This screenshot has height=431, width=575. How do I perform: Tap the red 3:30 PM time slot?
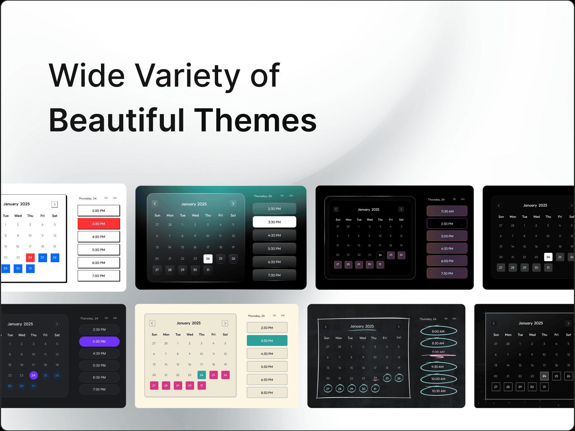coord(98,224)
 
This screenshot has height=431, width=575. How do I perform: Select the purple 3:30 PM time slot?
coord(99,342)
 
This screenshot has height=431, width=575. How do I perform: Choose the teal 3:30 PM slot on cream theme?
coord(267,340)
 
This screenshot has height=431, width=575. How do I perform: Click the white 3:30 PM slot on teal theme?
coord(274,222)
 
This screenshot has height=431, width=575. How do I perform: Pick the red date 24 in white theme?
coord(30,258)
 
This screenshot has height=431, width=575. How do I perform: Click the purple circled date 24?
coord(33,375)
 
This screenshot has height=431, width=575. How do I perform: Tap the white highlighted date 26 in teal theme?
coord(208,259)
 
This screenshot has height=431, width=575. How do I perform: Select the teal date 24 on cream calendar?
coord(202,375)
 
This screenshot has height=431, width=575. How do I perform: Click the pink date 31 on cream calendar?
coord(202,385)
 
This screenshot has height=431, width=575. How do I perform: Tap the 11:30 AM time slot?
coord(447,211)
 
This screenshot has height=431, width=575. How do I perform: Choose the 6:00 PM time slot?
coord(447,261)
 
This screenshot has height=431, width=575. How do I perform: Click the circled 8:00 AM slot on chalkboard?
coord(438,332)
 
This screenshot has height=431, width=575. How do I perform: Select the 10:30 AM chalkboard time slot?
coord(438,391)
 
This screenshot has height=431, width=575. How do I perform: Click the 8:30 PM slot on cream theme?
coord(267,393)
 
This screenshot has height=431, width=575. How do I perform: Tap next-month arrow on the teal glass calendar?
coord(233,204)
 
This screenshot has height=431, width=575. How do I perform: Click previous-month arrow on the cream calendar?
coord(152,323)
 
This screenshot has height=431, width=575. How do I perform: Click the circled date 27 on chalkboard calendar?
coord(328,389)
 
